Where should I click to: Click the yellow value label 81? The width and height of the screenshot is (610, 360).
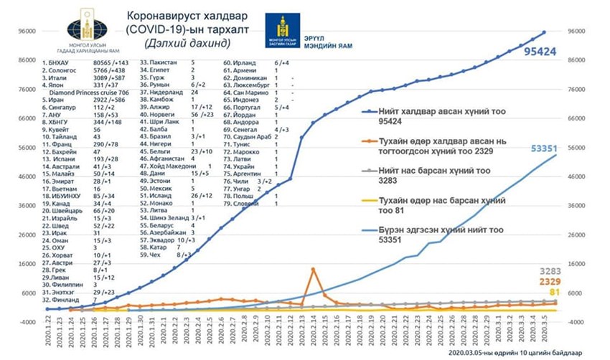[555, 293]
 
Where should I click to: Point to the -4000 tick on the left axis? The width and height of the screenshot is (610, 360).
[27, 323]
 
